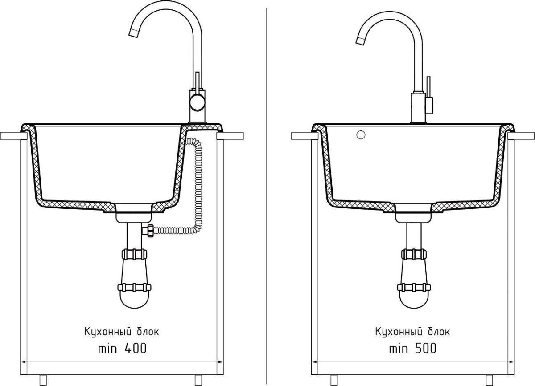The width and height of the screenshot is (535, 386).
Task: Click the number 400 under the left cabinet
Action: (x=136, y=349)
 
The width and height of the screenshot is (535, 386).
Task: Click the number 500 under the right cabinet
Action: (x=426, y=348)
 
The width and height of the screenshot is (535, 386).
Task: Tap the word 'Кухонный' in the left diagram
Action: (x=108, y=331)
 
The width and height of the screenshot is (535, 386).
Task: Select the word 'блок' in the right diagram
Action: (x=439, y=332)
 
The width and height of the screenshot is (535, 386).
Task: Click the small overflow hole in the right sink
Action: (x=361, y=135)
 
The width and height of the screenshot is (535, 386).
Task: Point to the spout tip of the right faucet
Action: (x=360, y=41)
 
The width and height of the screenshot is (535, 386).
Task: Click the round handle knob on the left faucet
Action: (x=198, y=102)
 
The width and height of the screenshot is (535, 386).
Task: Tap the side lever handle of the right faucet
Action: (x=428, y=95)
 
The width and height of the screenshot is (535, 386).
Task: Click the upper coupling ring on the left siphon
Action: (x=134, y=254)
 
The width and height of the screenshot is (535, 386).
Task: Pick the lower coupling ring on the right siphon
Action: (x=414, y=287)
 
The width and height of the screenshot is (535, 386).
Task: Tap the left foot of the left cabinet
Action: (x=43, y=380)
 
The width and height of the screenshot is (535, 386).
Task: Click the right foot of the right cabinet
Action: (x=489, y=380)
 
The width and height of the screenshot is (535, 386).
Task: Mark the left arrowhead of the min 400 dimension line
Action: (x=24, y=362)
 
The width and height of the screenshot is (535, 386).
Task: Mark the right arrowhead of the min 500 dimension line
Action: (x=511, y=362)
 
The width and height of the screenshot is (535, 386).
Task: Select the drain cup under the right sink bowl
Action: (x=413, y=217)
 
